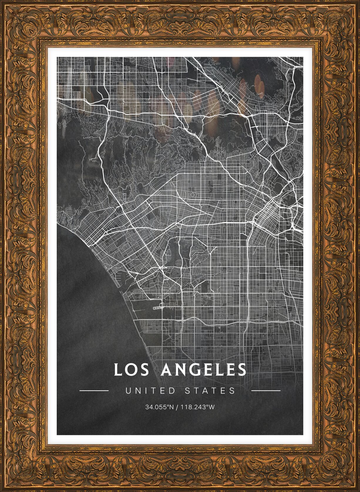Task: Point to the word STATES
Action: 210,391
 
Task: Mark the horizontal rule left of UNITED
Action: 94,391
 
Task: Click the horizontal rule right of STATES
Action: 266,391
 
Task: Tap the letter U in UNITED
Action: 128,391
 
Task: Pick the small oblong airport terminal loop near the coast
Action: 158,307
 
